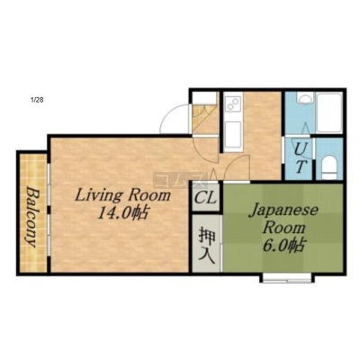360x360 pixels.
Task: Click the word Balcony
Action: [31, 217]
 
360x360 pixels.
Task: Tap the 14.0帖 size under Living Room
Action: [123, 213]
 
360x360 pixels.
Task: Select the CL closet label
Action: [205, 198]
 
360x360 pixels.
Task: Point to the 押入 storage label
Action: [207, 246]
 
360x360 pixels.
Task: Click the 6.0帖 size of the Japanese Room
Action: [284, 246]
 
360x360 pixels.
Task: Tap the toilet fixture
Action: [329, 166]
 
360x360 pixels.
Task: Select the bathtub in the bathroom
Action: [329, 112]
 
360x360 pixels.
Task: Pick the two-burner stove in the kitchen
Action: [233, 103]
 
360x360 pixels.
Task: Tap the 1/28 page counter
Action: [37, 100]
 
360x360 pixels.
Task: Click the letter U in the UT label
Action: [299, 149]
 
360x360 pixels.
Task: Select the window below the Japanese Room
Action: [287, 278]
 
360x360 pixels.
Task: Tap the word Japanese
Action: [283, 211]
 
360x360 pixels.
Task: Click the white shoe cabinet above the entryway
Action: [204, 97]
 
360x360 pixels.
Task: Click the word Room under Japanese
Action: [284, 229]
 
